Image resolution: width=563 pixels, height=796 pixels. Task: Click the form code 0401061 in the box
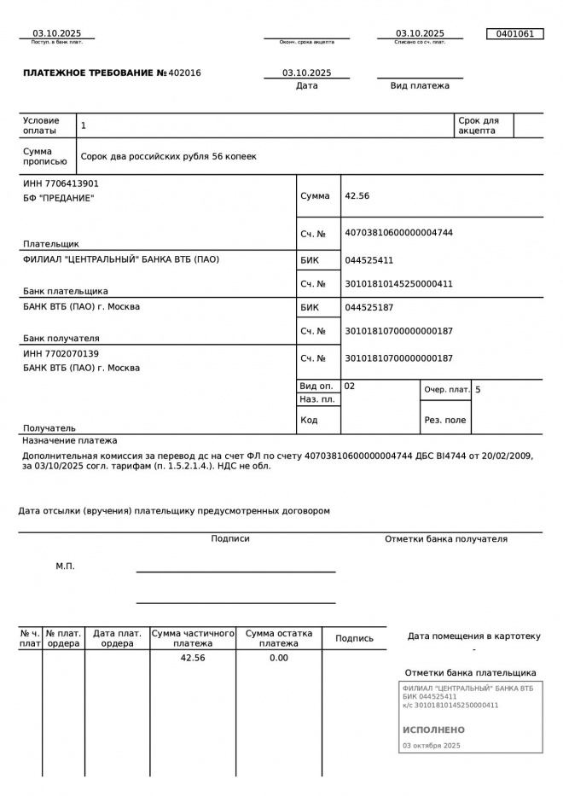click(x=514, y=34)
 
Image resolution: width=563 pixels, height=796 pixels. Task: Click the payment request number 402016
click(x=185, y=73)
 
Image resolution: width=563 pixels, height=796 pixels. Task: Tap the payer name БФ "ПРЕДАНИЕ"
click(x=58, y=198)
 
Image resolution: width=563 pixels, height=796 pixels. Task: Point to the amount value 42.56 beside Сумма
click(x=357, y=196)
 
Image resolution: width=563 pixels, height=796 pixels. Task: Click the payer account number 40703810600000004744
click(x=398, y=233)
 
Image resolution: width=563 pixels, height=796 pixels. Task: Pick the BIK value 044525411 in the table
click(x=369, y=260)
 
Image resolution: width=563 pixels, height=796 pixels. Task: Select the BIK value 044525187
click(x=369, y=307)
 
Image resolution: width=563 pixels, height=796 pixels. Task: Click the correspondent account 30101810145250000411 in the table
click(x=398, y=283)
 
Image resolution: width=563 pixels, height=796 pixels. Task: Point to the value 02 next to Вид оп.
click(x=350, y=386)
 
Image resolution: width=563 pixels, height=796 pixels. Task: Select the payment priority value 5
click(x=478, y=390)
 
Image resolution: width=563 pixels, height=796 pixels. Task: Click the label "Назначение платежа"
click(x=70, y=441)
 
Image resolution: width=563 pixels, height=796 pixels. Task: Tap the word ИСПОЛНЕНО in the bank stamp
click(x=433, y=730)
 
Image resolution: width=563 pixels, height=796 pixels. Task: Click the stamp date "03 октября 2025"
click(x=431, y=746)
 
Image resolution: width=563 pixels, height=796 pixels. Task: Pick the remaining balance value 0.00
click(x=279, y=658)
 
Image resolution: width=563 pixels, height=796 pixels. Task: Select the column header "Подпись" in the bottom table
click(x=354, y=638)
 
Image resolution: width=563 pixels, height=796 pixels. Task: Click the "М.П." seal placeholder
click(x=65, y=566)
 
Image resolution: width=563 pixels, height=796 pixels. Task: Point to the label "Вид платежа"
click(x=420, y=85)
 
